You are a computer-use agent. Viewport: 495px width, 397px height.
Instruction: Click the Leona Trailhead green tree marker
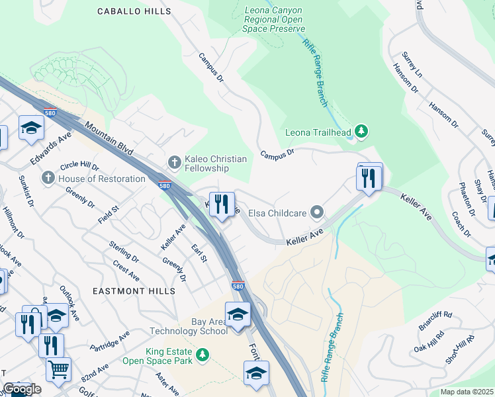pos(361,132)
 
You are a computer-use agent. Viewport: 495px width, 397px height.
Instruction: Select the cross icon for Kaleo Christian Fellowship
pos(175,161)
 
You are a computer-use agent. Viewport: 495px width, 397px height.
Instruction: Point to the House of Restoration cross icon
pos(48,178)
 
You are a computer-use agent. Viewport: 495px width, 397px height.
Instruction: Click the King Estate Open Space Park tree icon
pos(203,355)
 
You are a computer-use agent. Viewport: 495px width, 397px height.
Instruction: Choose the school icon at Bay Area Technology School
pos(237,314)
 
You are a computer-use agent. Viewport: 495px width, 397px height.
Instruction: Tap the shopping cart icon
pos(59,369)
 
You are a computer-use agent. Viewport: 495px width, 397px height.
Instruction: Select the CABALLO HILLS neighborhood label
pos(134,11)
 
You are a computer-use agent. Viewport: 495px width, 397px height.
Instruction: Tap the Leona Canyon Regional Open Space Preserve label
pos(274,20)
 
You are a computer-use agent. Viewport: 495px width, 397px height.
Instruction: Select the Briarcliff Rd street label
pos(435,317)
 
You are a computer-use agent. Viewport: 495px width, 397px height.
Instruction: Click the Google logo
pos(22,389)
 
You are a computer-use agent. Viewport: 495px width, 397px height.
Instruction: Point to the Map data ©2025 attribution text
pos(467,392)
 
